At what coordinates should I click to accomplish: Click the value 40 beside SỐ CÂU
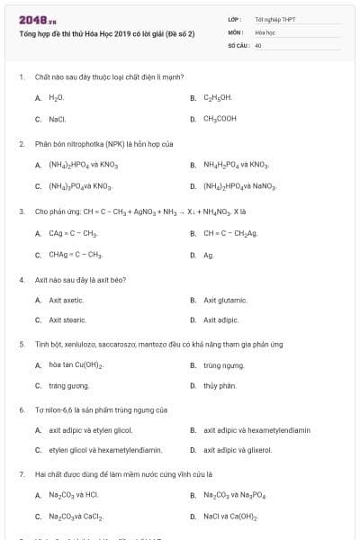click(258, 44)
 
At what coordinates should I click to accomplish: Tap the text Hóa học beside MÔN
click(265, 31)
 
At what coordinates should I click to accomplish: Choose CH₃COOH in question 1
click(220, 118)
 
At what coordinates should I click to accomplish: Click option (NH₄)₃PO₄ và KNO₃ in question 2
click(80, 186)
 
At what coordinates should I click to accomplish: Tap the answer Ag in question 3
click(208, 255)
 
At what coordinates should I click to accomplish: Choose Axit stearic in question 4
click(67, 319)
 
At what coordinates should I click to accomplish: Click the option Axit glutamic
click(225, 300)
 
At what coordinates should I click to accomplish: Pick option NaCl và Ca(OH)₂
click(230, 517)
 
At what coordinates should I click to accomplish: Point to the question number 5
click(21, 344)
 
